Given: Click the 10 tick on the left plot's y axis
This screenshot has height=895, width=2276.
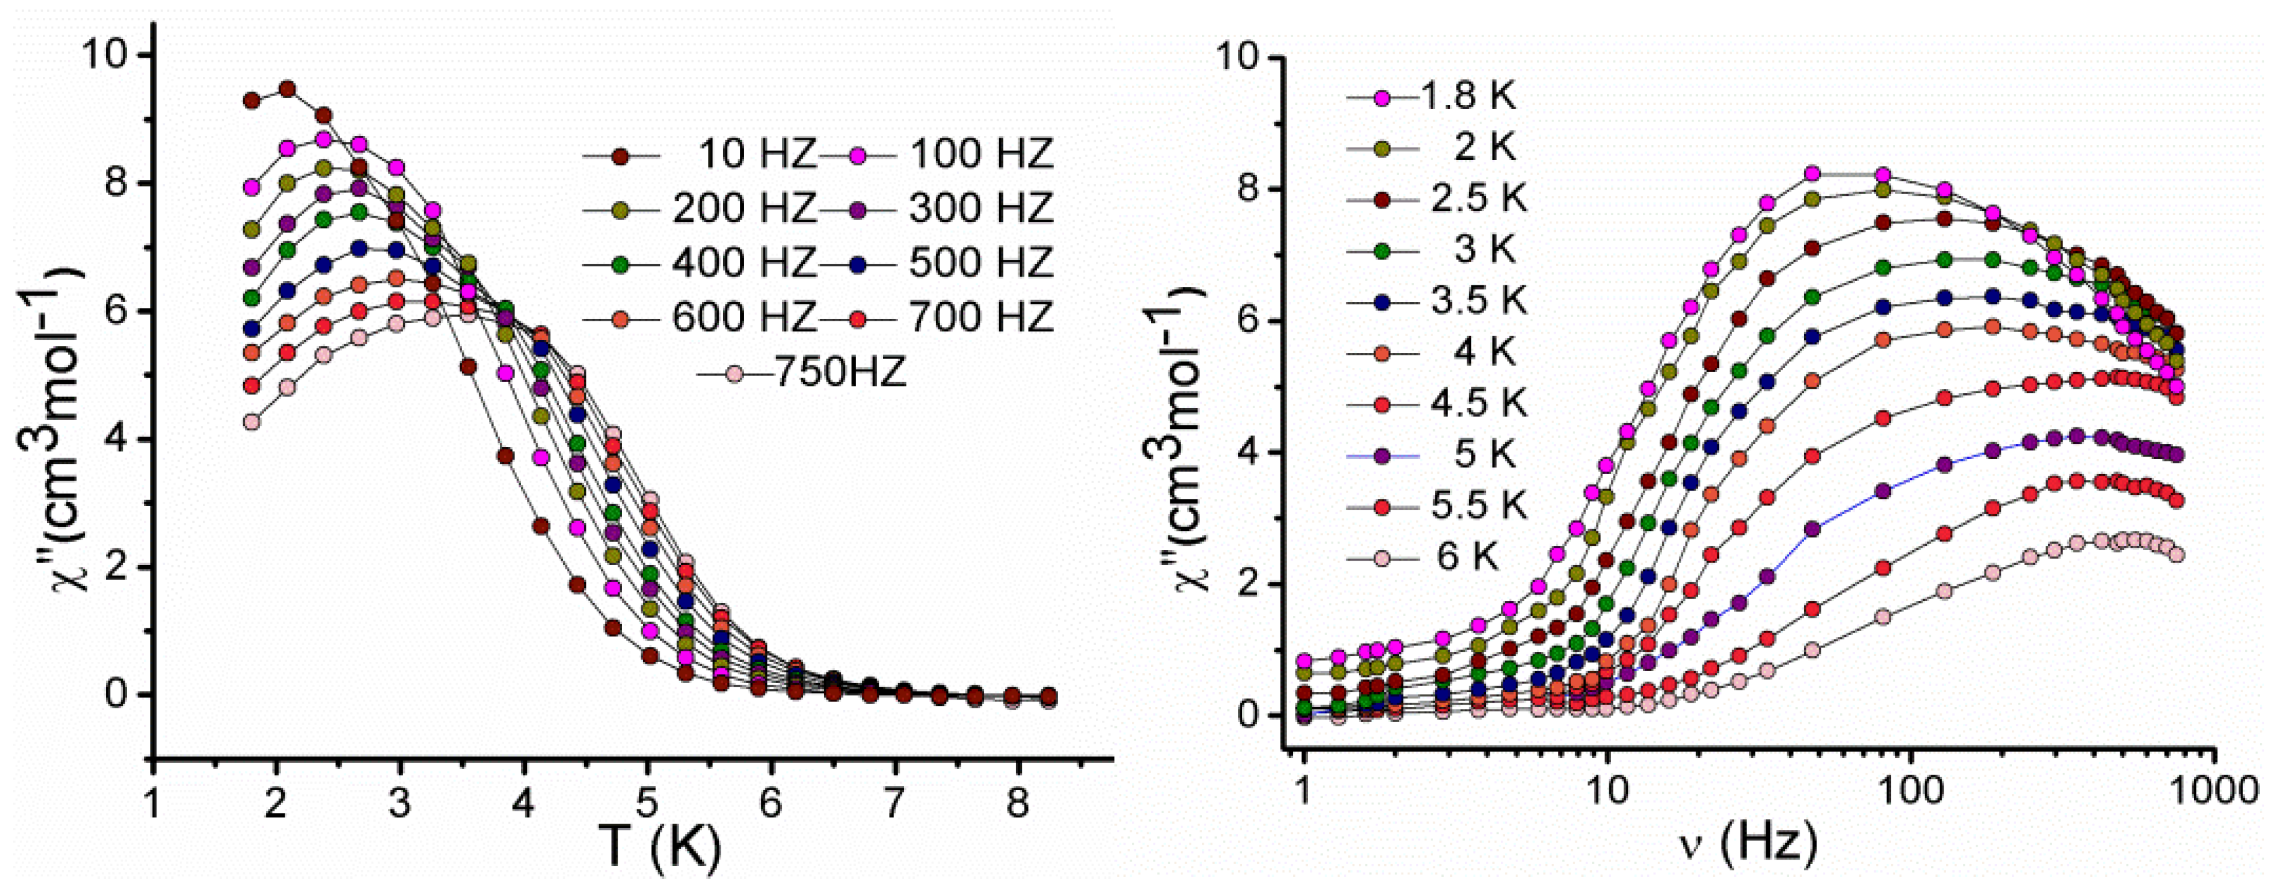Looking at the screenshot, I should [x=104, y=55].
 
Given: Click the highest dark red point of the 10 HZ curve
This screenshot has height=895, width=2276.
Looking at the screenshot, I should [x=287, y=89].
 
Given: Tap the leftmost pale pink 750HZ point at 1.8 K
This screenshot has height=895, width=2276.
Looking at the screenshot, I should [x=252, y=422].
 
